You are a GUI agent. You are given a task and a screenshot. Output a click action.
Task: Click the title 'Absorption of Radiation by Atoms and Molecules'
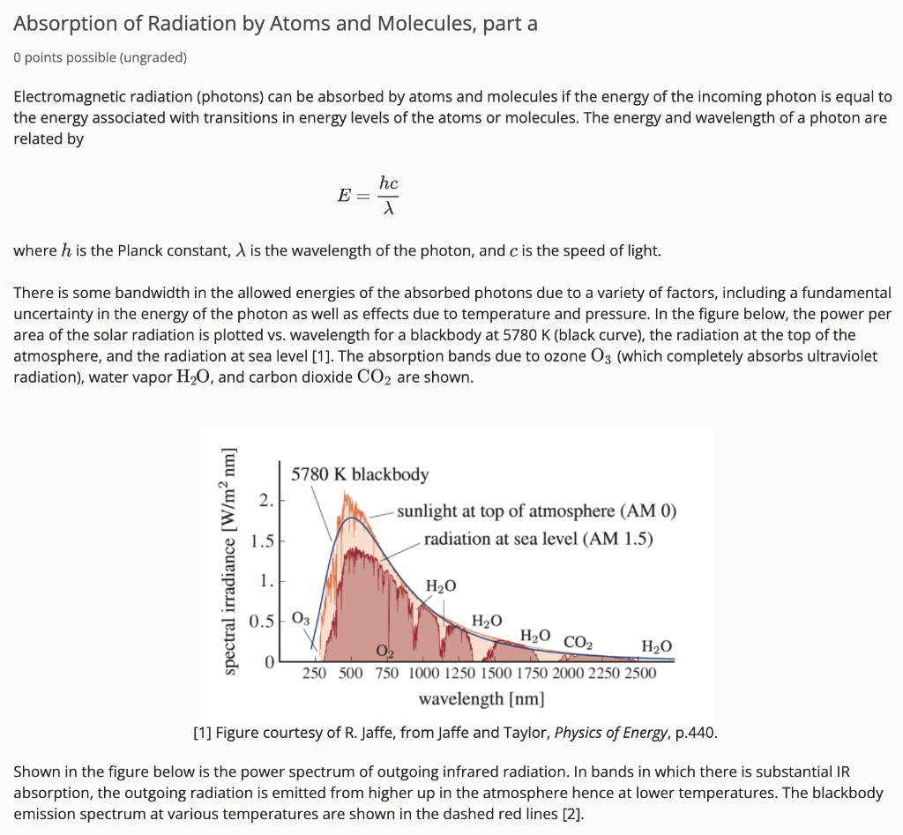point(275,24)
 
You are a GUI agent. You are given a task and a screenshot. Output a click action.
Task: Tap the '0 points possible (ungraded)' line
point(101,57)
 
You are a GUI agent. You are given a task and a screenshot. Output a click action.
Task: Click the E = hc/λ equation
point(369,195)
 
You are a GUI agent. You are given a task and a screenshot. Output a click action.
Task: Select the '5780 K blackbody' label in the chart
point(360,474)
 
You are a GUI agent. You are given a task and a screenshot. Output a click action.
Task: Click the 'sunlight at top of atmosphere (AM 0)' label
point(536,511)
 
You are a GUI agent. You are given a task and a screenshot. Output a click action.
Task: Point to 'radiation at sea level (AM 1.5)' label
point(538,539)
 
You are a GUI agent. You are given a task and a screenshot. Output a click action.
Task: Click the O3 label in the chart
point(301,618)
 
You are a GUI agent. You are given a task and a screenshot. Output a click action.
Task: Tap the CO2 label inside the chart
point(578,642)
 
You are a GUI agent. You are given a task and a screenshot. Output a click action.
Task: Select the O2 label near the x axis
point(384,652)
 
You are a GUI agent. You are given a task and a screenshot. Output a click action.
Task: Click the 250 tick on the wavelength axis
point(315,674)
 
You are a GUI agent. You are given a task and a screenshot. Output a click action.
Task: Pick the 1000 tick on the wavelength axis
point(424,674)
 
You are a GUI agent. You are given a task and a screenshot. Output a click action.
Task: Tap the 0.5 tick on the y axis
point(262,622)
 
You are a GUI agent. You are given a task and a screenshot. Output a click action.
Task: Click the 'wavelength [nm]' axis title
point(481,699)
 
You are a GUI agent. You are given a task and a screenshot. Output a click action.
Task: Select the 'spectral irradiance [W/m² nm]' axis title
point(230,563)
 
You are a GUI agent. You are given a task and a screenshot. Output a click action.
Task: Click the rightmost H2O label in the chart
point(657,646)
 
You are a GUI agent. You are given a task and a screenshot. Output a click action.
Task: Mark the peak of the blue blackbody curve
point(352,518)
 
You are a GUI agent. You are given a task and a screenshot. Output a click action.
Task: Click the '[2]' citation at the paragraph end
point(572,814)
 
